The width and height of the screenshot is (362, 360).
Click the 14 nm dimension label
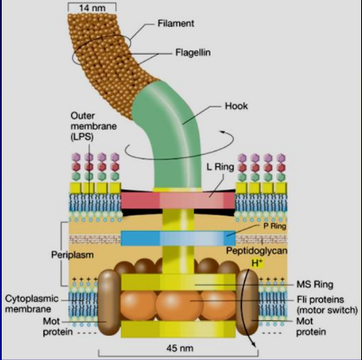coord(92,8)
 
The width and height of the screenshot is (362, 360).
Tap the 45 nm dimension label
coord(179,348)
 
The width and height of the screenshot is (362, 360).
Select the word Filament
coord(176,23)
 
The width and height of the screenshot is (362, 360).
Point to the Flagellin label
coord(193,53)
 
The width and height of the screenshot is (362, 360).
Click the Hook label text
coord(236,106)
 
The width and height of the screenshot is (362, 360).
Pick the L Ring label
coord(220,167)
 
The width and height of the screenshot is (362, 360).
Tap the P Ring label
coord(275,226)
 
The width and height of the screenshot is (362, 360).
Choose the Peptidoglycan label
coord(256,250)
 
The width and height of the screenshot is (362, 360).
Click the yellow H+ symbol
coord(256,263)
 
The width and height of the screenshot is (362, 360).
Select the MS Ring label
coord(314,285)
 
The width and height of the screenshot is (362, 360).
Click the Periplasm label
coord(72,254)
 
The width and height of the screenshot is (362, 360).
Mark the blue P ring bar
coord(178,238)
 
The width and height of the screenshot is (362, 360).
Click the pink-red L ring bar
coord(178,201)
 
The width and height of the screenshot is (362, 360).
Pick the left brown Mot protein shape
coord(109,302)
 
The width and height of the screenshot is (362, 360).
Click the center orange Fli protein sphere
coord(179,305)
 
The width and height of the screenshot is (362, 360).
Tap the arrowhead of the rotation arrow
coord(223,132)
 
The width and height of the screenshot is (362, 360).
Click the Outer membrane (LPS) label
coord(94,126)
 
